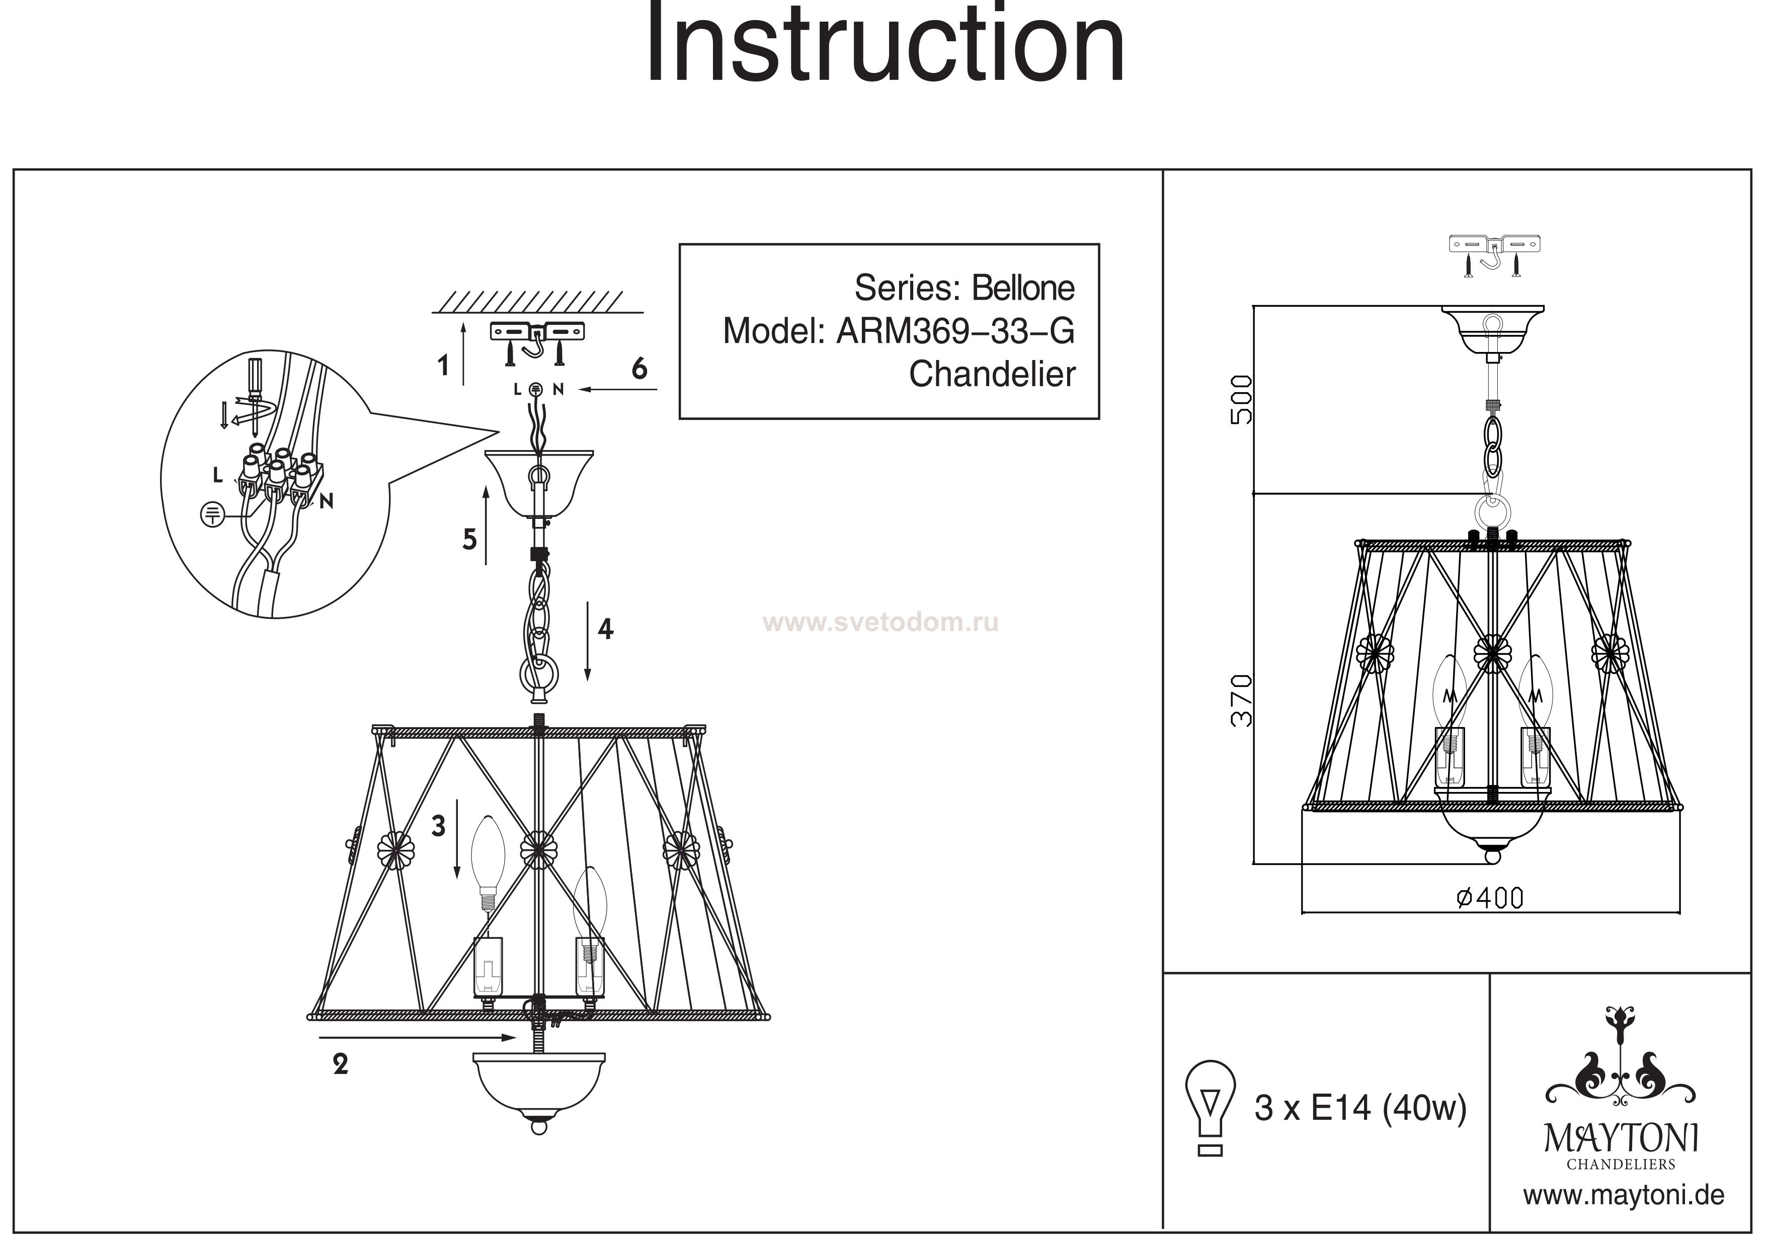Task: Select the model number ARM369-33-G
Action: (955, 331)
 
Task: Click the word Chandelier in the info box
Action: (992, 374)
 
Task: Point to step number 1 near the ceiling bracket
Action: (443, 365)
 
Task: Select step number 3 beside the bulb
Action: (438, 826)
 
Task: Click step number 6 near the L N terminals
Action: (639, 370)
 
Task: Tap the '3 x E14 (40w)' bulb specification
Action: (1360, 1108)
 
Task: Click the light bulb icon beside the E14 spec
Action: (1211, 1106)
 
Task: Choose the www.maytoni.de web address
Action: (1624, 1196)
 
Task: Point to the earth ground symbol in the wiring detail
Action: (211, 514)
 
